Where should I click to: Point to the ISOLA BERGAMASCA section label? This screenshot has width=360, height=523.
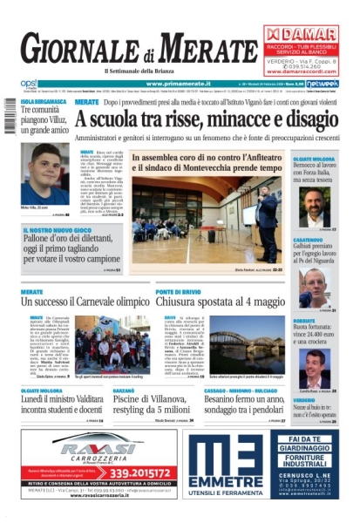(43, 102)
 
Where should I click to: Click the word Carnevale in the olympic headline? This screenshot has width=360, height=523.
(97, 301)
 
